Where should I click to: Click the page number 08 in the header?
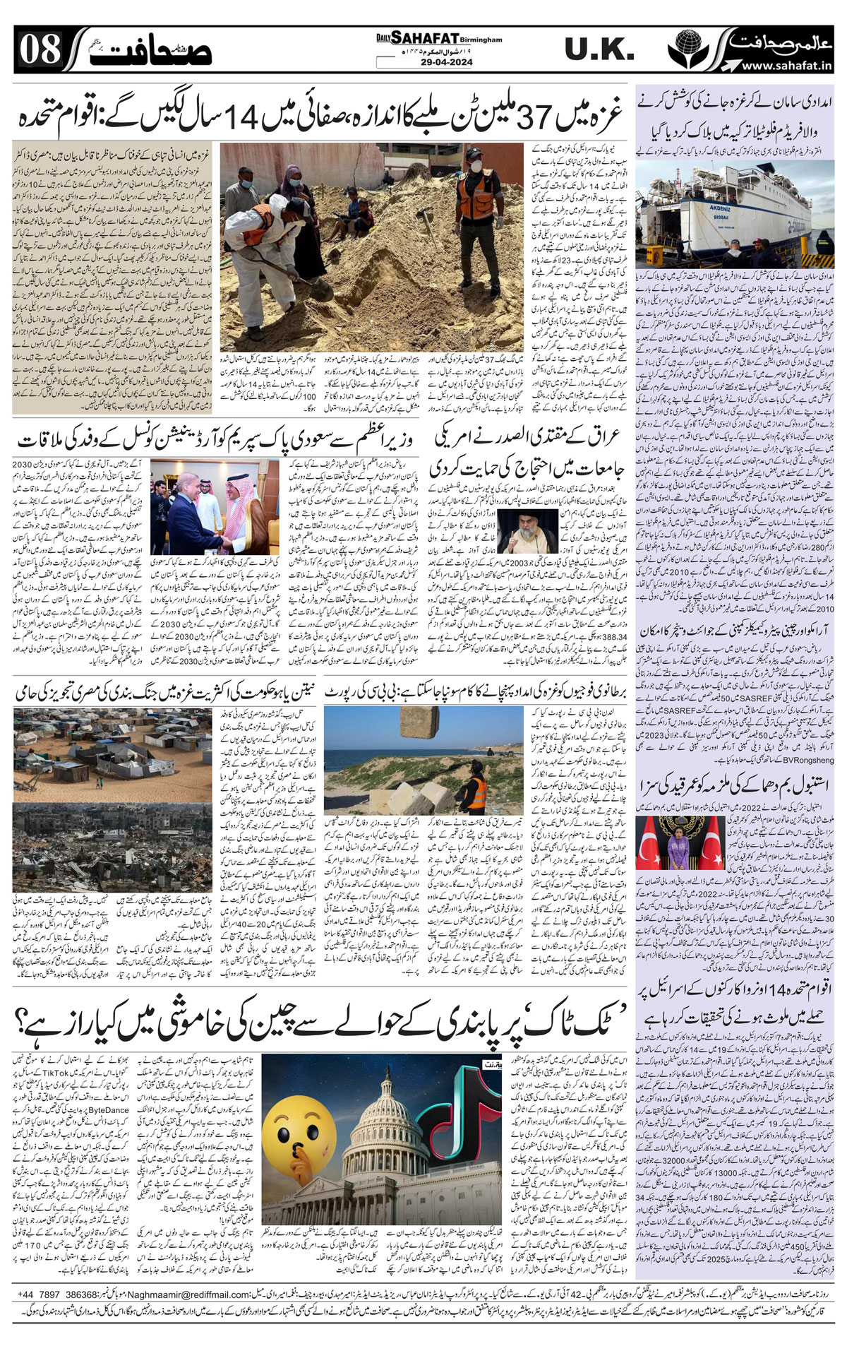click(40, 51)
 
